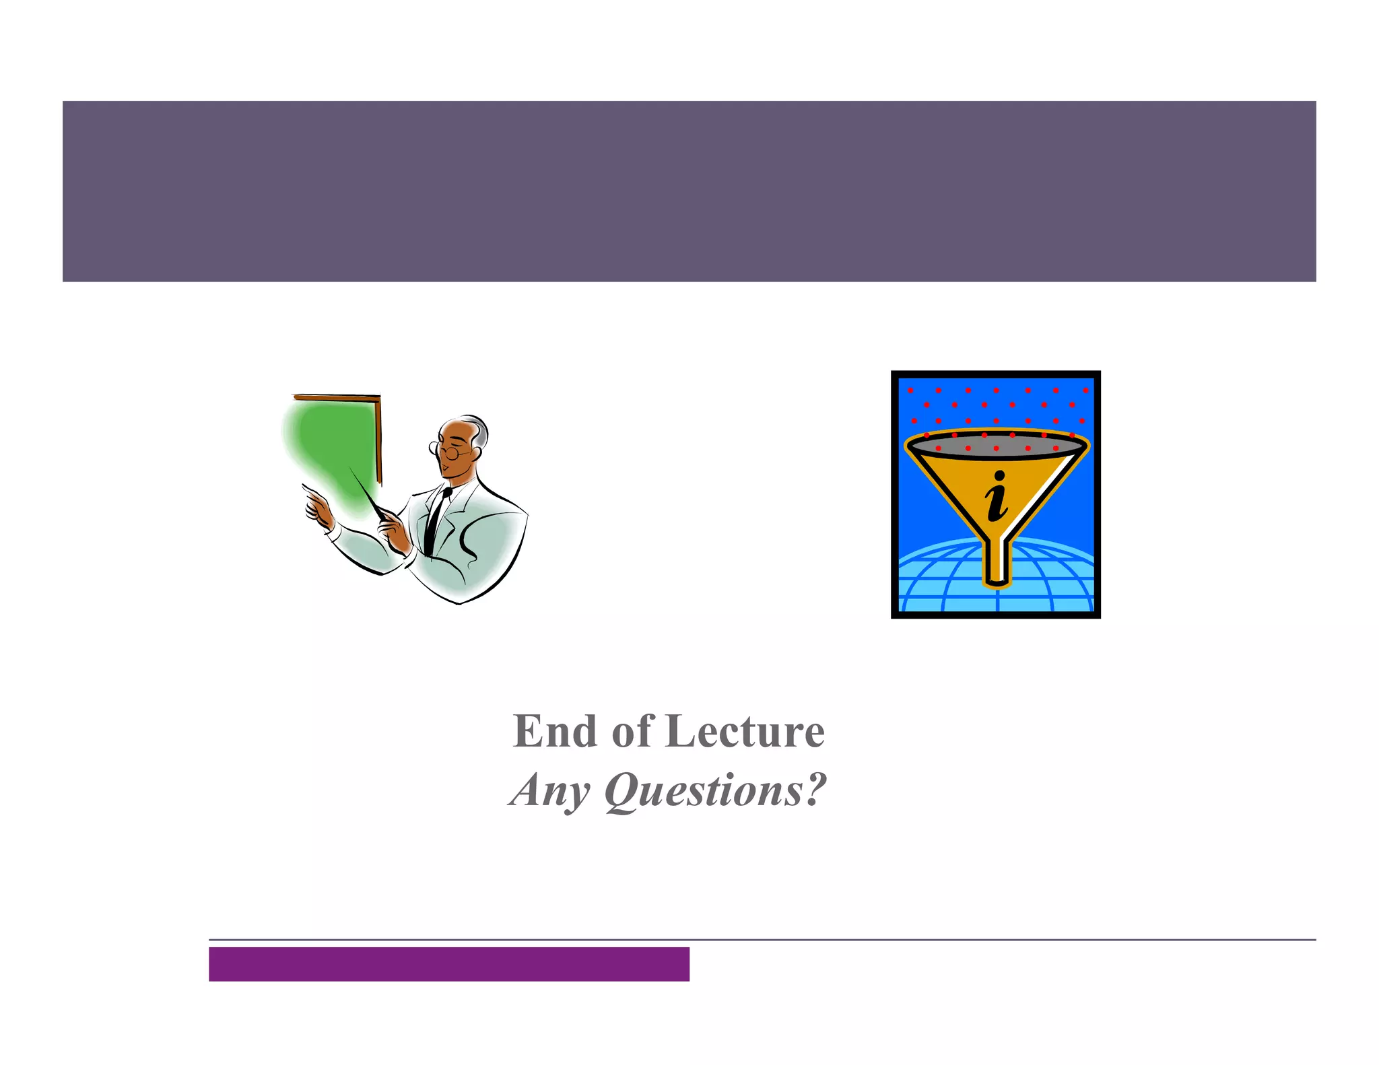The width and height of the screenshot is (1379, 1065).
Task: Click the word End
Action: (x=554, y=731)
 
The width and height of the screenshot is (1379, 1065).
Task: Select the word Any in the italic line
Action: (x=549, y=790)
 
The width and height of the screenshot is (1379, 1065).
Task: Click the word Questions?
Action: (x=715, y=790)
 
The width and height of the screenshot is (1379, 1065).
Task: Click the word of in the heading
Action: (x=632, y=731)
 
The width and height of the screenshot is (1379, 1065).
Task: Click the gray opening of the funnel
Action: (x=997, y=446)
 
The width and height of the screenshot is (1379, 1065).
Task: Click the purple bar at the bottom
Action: (x=448, y=963)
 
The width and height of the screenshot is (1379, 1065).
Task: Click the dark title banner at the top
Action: (x=689, y=191)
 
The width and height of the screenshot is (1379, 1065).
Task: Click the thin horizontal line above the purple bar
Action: (x=761, y=939)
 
